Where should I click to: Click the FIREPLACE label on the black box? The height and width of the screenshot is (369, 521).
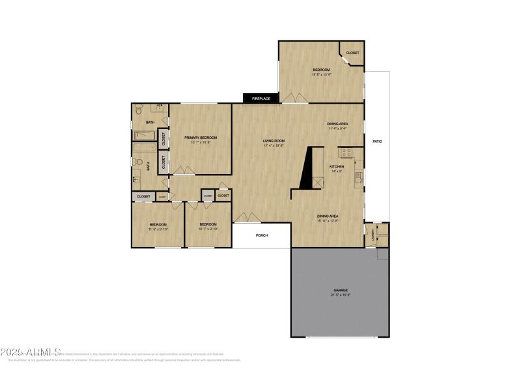tap(260, 98)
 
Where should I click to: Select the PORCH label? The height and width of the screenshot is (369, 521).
tap(262, 235)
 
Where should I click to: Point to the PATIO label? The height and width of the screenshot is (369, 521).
tap(376, 141)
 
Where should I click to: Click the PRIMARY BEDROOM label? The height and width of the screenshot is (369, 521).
tap(200, 138)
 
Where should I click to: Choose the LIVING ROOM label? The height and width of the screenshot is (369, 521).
tap(274, 141)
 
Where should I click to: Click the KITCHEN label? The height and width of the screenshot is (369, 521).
tap(337, 166)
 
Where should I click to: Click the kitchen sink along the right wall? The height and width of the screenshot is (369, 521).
tap(358, 177)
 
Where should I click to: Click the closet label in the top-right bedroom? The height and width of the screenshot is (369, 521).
tap(352, 53)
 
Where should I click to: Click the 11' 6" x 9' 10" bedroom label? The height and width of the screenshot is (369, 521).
tap(158, 227)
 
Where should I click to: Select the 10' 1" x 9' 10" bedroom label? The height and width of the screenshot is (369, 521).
tap(208, 227)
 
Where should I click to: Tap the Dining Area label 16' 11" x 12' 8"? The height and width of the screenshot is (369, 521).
tap(327, 218)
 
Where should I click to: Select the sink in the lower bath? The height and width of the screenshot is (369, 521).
tap(136, 178)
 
